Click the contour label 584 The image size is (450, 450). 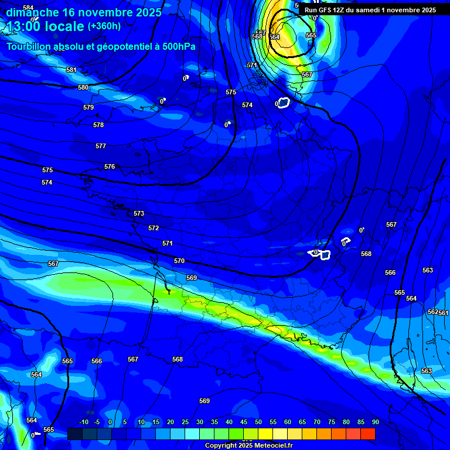(x=28, y=8)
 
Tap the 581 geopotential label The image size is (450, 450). (x=71, y=70)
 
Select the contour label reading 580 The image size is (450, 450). (x=83, y=87)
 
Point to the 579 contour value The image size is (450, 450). (x=88, y=107)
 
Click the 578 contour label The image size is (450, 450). (x=98, y=125)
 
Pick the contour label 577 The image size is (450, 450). (x=101, y=146)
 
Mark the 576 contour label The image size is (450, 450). (x=110, y=166)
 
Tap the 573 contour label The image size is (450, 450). (x=139, y=214)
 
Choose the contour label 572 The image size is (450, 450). (x=154, y=228)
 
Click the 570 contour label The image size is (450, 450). (x=179, y=261)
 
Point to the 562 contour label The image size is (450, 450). (x=432, y=312)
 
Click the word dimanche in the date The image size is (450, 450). (x=33, y=12)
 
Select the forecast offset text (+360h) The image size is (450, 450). (x=104, y=26)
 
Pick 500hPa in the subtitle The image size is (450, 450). (x=178, y=46)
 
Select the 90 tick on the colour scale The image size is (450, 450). (x=375, y=422)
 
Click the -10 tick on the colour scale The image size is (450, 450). (x=83, y=422)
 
